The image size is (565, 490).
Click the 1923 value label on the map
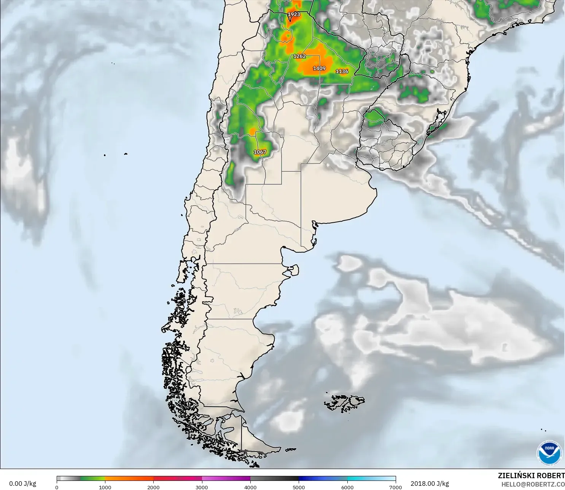pyautogui.click(x=294, y=14)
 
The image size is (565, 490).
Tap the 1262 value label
pyautogui.click(x=299, y=56)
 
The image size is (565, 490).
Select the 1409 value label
pyautogui.click(x=319, y=69)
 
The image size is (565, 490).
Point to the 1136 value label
pyautogui.click(x=342, y=72)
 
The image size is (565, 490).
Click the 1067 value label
pyautogui.click(x=260, y=152)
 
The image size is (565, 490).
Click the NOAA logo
pyautogui.click(x=549, y=452)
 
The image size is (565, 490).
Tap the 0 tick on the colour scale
pyautogui.click(x=57, y=487)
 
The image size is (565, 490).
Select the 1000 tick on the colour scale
pyautogui.click(x=105, y=487)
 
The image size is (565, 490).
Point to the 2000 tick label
pyautogui.click(x=153, y=487)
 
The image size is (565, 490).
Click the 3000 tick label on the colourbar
pyautogui.click(x=202, y=487)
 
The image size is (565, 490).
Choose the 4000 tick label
pyautogui.click(x=250, y=487)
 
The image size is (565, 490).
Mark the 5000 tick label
pyautogui.click(x=299, y=487)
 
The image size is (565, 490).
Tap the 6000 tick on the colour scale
pyautogui.click(x=347, y=487)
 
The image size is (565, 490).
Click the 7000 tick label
pyautogui.click(x=396, y=487)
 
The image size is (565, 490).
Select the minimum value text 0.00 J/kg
pyautogui.click(x=22, y=484)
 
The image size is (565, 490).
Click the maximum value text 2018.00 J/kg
pyautogui.click(x=430, y=484)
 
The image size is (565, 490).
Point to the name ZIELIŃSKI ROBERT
pyautogui.click(x=531, y=476)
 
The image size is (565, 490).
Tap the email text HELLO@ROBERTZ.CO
pyautogui.click(x=533, y=484)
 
